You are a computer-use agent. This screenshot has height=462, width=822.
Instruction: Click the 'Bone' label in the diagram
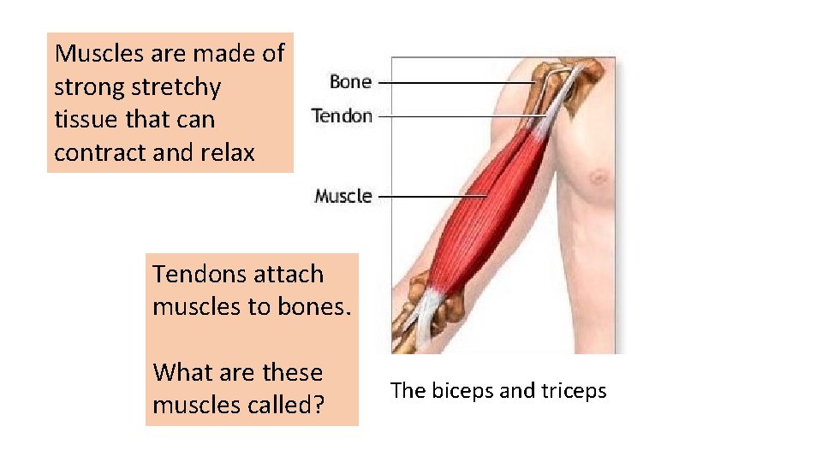pos(350,82)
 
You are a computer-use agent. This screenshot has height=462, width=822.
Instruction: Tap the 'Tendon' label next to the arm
pos(342,115)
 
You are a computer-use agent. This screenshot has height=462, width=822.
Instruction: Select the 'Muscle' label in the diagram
pos(342,196)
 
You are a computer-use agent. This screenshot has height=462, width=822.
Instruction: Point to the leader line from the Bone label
pos(454,83)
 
